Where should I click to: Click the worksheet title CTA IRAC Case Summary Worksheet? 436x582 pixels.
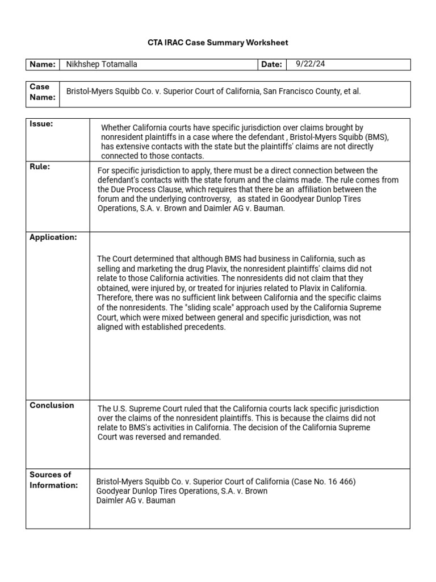point(218,43)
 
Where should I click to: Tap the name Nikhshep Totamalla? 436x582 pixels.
point(102,64)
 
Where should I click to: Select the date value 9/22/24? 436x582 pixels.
point(311,64)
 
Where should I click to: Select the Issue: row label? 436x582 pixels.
point(41,124)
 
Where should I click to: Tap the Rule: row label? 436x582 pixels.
point(40,167)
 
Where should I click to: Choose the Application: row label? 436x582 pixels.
point(53,237)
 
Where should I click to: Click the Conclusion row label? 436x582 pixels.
point(52,405)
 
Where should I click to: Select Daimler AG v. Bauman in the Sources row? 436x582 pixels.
point(136,500)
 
